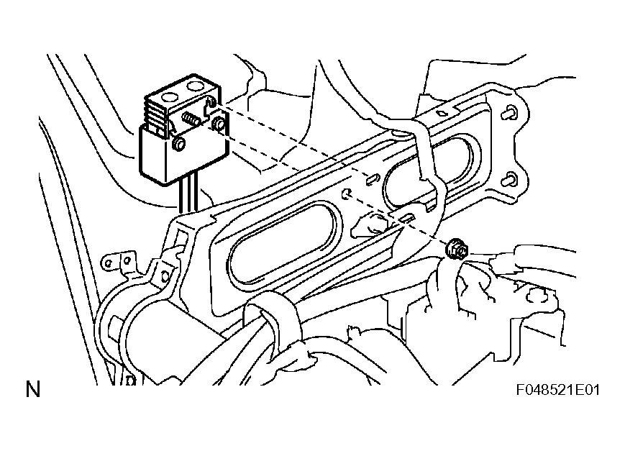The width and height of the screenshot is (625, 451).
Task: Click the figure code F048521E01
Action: coord(557,390)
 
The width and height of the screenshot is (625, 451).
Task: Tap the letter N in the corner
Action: coord(33,391)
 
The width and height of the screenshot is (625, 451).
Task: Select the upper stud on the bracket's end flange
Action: coord(510,113)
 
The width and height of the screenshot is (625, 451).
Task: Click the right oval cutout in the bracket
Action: coord(430,173)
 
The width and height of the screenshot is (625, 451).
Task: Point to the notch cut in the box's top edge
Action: coord(209,106)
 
